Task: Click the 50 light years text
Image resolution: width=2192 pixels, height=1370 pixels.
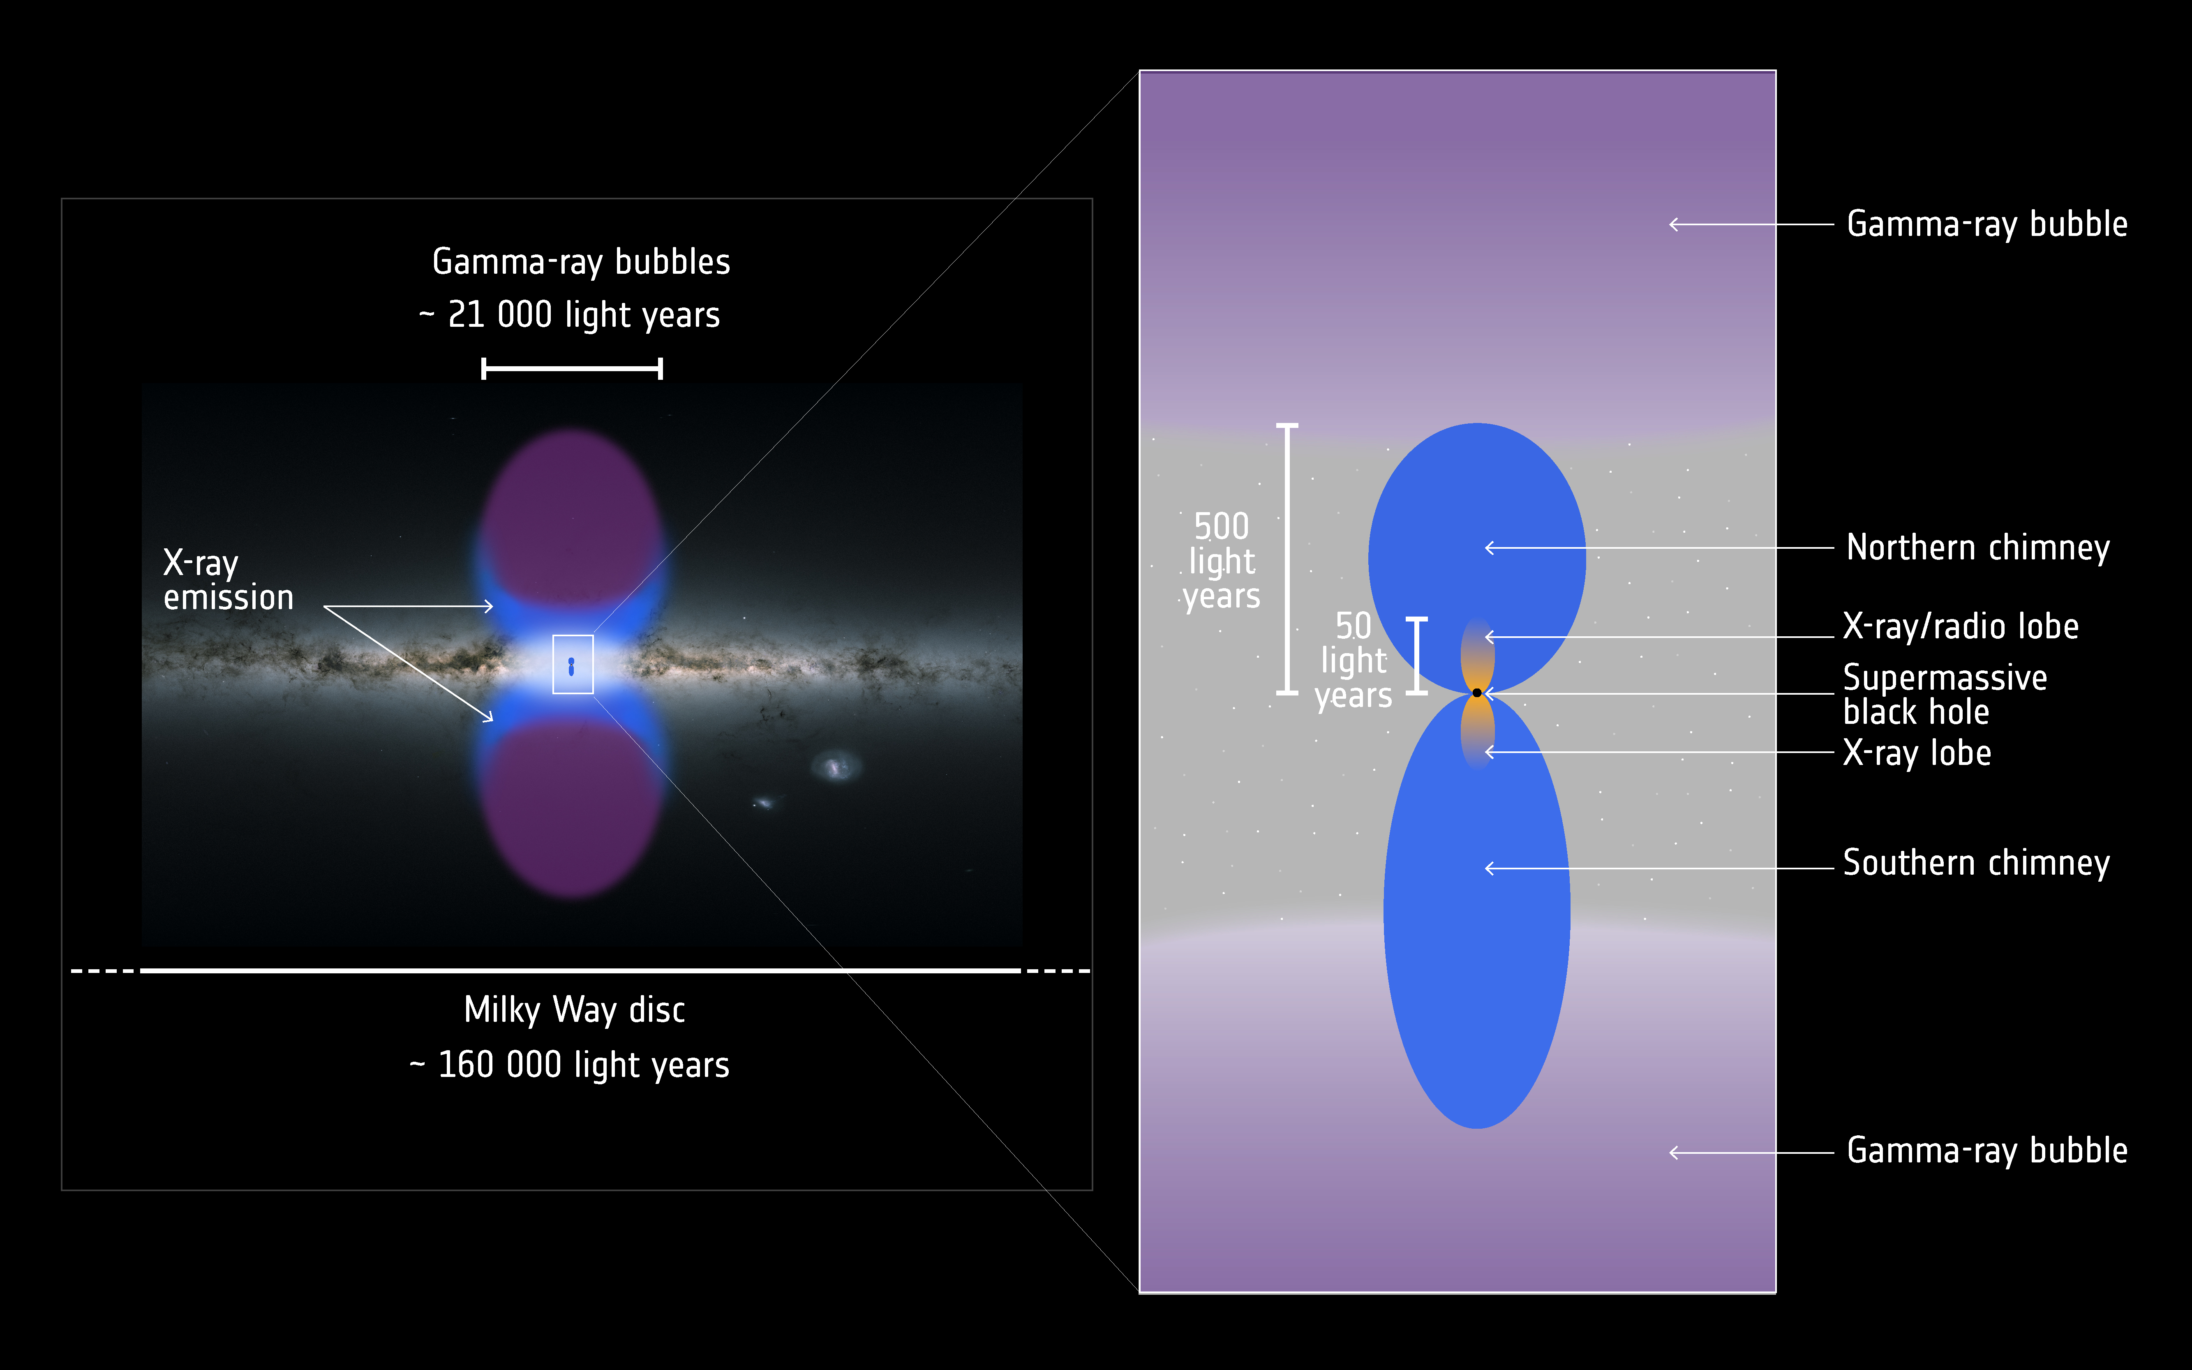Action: tap(1353, 661)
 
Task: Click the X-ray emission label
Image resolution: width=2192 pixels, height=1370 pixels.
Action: tap(228, 580)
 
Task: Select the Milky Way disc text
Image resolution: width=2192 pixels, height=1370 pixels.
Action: tap(574, 1010)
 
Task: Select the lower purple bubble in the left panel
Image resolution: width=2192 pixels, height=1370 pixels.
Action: tap(571, 809)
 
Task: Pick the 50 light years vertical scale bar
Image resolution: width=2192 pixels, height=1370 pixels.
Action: tap(1417, 656)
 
